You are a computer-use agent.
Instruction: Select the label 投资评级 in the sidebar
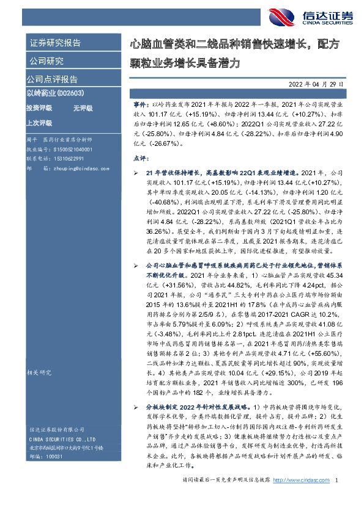point(39,107)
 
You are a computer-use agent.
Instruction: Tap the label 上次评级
point(39,122)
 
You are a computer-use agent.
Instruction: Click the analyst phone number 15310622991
point(69,156)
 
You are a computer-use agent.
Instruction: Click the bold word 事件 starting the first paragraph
point(139,106)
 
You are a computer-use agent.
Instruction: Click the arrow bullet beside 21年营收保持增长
point(140,173)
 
